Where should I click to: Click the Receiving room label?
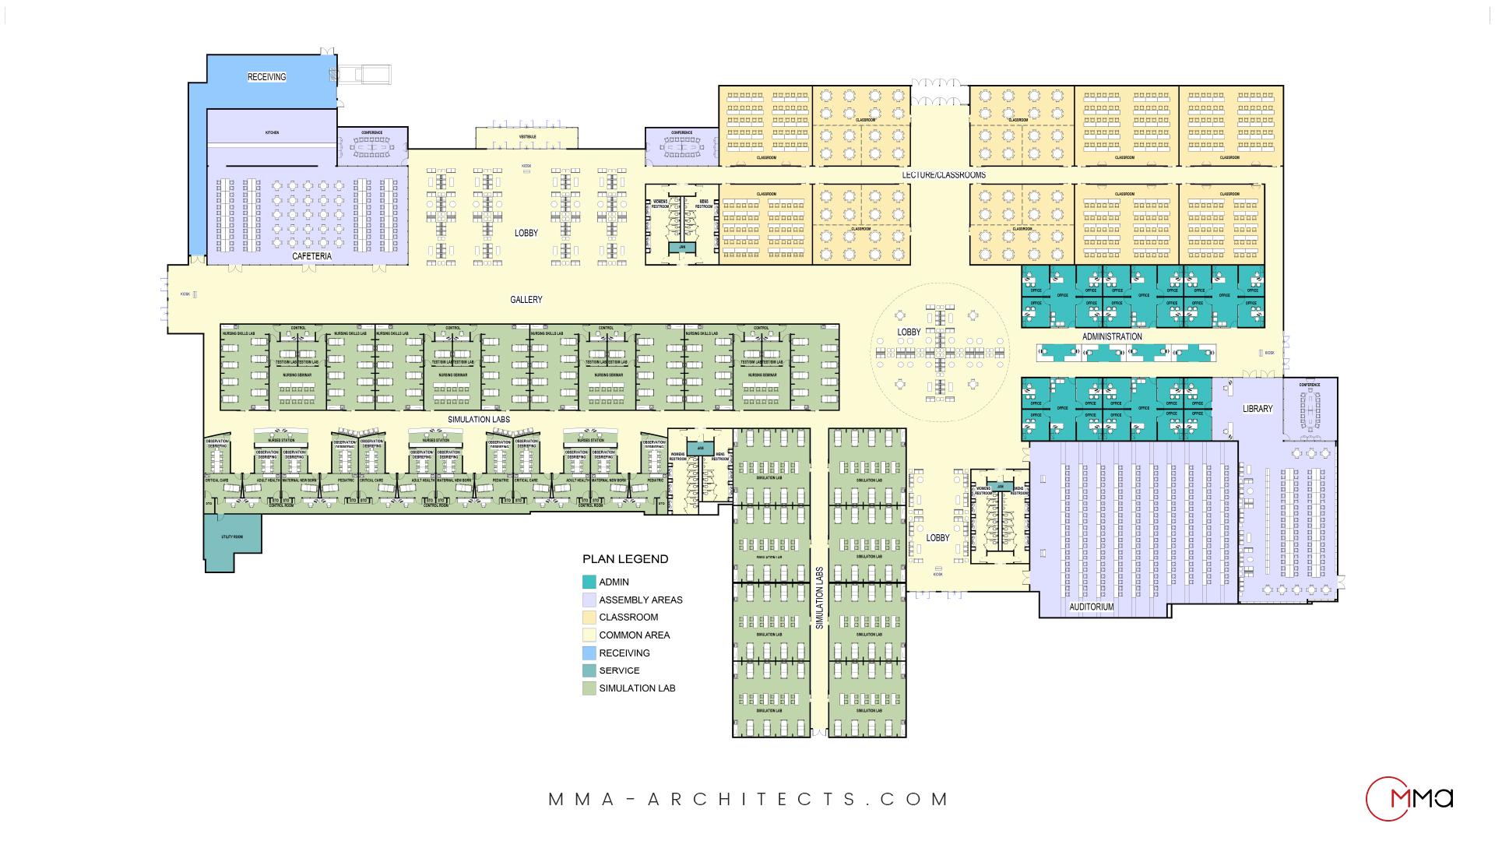point(266,77)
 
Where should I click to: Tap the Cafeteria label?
point(311,256)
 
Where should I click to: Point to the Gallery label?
point(526,300)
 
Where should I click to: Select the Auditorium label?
point(1091,607)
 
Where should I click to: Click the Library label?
point(1258,409)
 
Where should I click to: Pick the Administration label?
point(1112,337)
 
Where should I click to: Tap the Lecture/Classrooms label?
point(944,174)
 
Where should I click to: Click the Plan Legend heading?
point(625,559)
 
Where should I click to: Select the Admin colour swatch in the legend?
point(589,582)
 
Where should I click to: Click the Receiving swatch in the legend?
point(589,653)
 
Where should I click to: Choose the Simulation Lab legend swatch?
point(589,688)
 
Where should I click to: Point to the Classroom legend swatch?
point(589,618)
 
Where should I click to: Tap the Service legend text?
point(619,670)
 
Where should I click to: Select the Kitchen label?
point(272,133)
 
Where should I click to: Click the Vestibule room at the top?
point(527,138)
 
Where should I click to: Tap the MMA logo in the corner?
point(1409,799)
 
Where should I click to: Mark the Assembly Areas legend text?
point(640,600)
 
